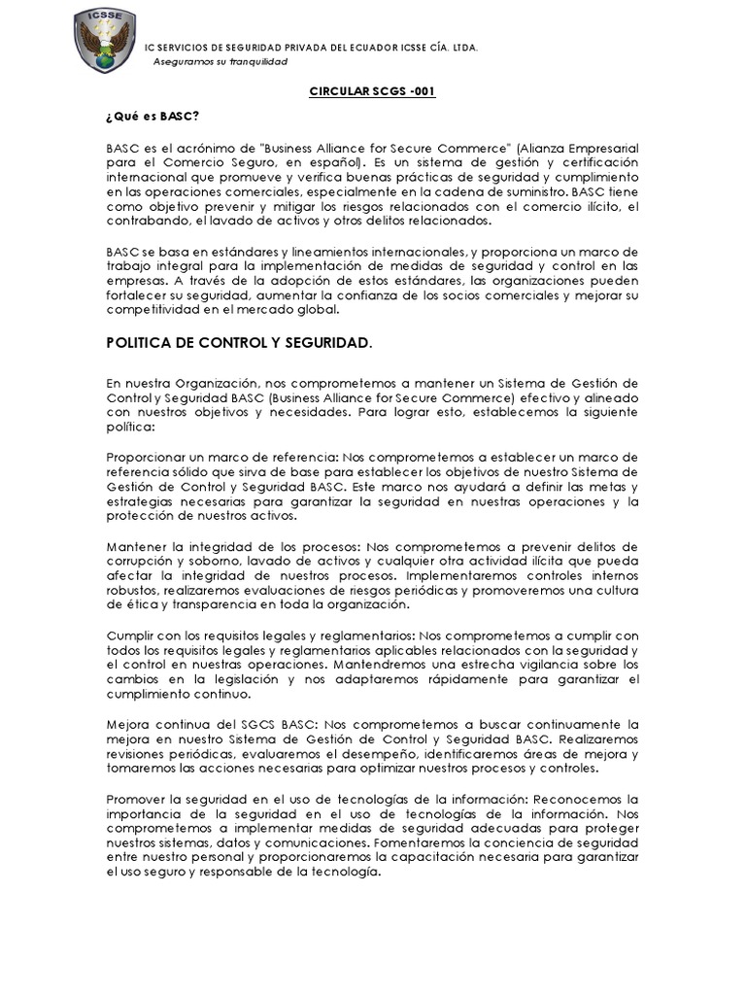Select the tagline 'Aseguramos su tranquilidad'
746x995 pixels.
[x=221, y=61]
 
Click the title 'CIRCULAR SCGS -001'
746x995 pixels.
[x=373, y=91]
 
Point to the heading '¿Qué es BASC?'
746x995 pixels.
[x=153, y=118]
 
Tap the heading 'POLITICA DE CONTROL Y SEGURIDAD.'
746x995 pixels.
[x=238, y=344]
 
